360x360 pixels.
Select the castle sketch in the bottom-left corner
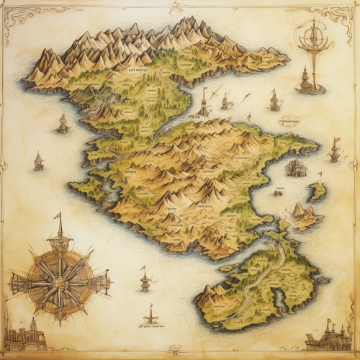coord(24,336)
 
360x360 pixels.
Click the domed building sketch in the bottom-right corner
coord(327,336)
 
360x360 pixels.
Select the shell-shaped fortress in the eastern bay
coord(295,168)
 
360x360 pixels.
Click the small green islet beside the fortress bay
coord(317,192)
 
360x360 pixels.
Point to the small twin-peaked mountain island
coord(304,215)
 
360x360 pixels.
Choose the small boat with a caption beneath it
coord(151,315)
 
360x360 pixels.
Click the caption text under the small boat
coord(151,325)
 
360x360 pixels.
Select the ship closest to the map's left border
coord(38,161)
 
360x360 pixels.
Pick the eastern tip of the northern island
coord(284,58)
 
